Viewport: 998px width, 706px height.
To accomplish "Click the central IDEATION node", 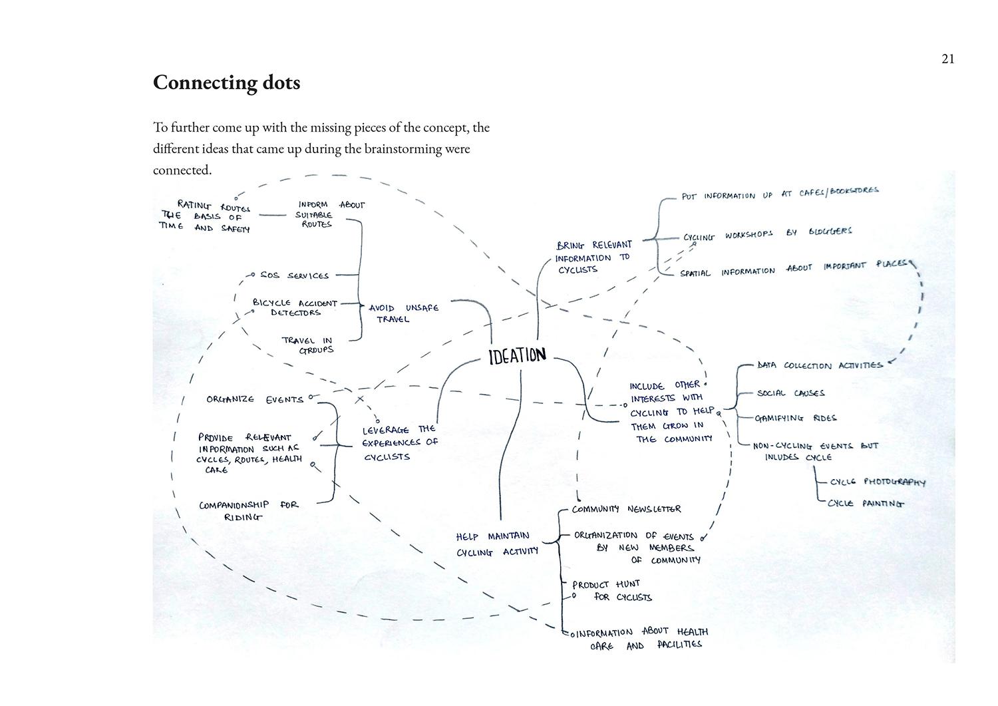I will click(x=517, y=356).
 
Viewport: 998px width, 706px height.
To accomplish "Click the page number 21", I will click(x=948, y=59).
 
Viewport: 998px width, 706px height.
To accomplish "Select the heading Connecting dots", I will click(x=226, y=83).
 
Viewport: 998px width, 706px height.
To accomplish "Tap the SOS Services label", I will click(x=294, y=275).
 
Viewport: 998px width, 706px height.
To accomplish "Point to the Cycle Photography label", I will click(x=877, y=482).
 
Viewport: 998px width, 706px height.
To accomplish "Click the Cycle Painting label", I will click(x=866, y=504).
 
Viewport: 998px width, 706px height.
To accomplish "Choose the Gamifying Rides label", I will click(x=796, y=419).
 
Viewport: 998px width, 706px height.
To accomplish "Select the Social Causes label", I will click(x=790, y=393).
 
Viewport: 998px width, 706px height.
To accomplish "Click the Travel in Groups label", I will click(x=307, y=345).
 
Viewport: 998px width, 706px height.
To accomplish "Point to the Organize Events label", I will click(x=255, y=400).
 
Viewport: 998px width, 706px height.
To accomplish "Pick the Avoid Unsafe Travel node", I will click(x=403, y=313).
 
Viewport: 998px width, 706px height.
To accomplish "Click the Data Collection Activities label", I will click(x=820, y=365).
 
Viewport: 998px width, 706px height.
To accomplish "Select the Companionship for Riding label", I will click(x=248, y=510).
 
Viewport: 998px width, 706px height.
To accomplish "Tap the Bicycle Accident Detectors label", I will click(x=295, y=307).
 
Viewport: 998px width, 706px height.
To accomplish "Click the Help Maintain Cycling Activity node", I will click(x=496, y=544).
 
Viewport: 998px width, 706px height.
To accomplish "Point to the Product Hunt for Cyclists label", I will click(x=611, y=590).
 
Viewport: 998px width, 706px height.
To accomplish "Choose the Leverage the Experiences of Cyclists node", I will click(x=399, y=443).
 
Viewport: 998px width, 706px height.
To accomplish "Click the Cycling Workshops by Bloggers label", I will click(x=767, y=234).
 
